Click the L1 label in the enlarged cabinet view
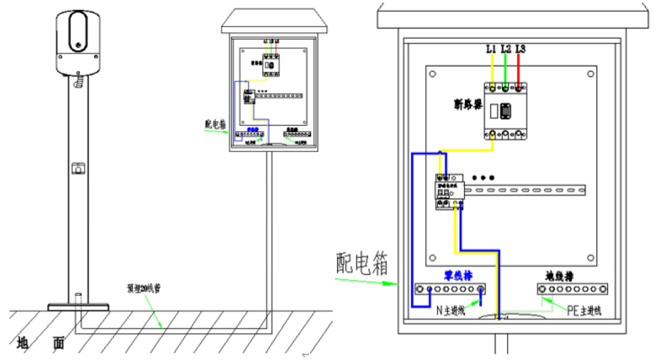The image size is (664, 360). [x=490, y=49]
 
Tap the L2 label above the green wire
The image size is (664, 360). [x=506, y=49]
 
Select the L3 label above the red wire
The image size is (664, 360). [x=520, y=49]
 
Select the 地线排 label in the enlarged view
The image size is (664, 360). [x=558, y=276]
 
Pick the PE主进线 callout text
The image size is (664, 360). [x=584, y=311]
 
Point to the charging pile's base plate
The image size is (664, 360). [x=78, y=307]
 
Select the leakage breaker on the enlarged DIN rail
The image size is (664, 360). [x=449, y=192]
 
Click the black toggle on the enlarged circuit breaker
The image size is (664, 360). [x=506, y=110]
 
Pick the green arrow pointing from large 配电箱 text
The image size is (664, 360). [x=366, y=282]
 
